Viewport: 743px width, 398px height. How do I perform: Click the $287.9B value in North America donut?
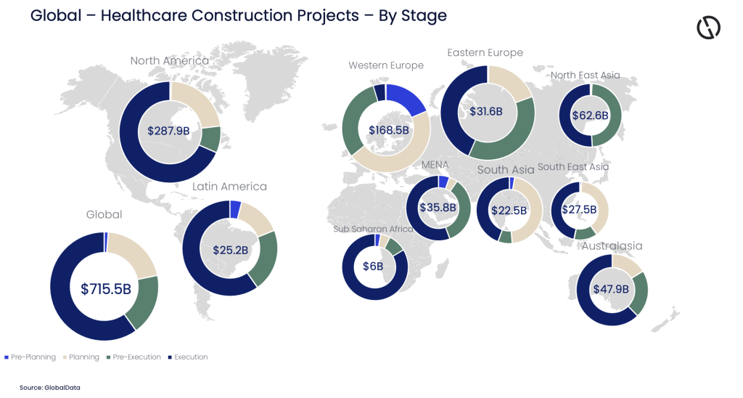pos(168,131)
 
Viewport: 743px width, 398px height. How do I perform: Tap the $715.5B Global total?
pos(105,288)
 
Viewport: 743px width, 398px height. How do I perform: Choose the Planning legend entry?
pos(81,357)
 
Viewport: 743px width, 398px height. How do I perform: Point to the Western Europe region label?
pos(385,65)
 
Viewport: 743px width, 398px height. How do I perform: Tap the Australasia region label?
pos(612,245)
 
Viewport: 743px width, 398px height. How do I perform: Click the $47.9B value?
pos(610,288)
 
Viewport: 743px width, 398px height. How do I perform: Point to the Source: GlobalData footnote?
pos(50,388)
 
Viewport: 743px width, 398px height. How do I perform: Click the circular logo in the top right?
pos(707,28)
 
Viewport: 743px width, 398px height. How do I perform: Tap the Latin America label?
pos(229,187)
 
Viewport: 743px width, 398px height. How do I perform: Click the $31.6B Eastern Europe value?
pos(486,111)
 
